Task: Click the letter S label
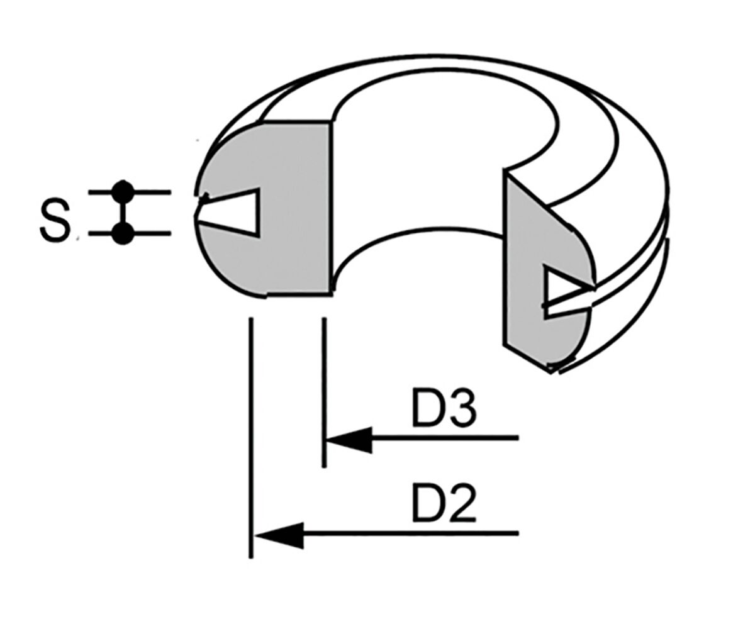point(55,220)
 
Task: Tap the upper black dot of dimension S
point(124,191)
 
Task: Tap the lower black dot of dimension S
point(124,233)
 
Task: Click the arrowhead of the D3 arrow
point(349,439)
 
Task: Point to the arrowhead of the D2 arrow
point(279,535)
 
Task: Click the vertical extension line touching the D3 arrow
point(324,393)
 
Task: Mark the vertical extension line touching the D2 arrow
point(250,438)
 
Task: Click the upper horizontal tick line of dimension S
point(130,192)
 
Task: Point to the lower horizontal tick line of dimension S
point(130,233)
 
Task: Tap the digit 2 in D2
point(460,502)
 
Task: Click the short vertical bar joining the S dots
point(124,213)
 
